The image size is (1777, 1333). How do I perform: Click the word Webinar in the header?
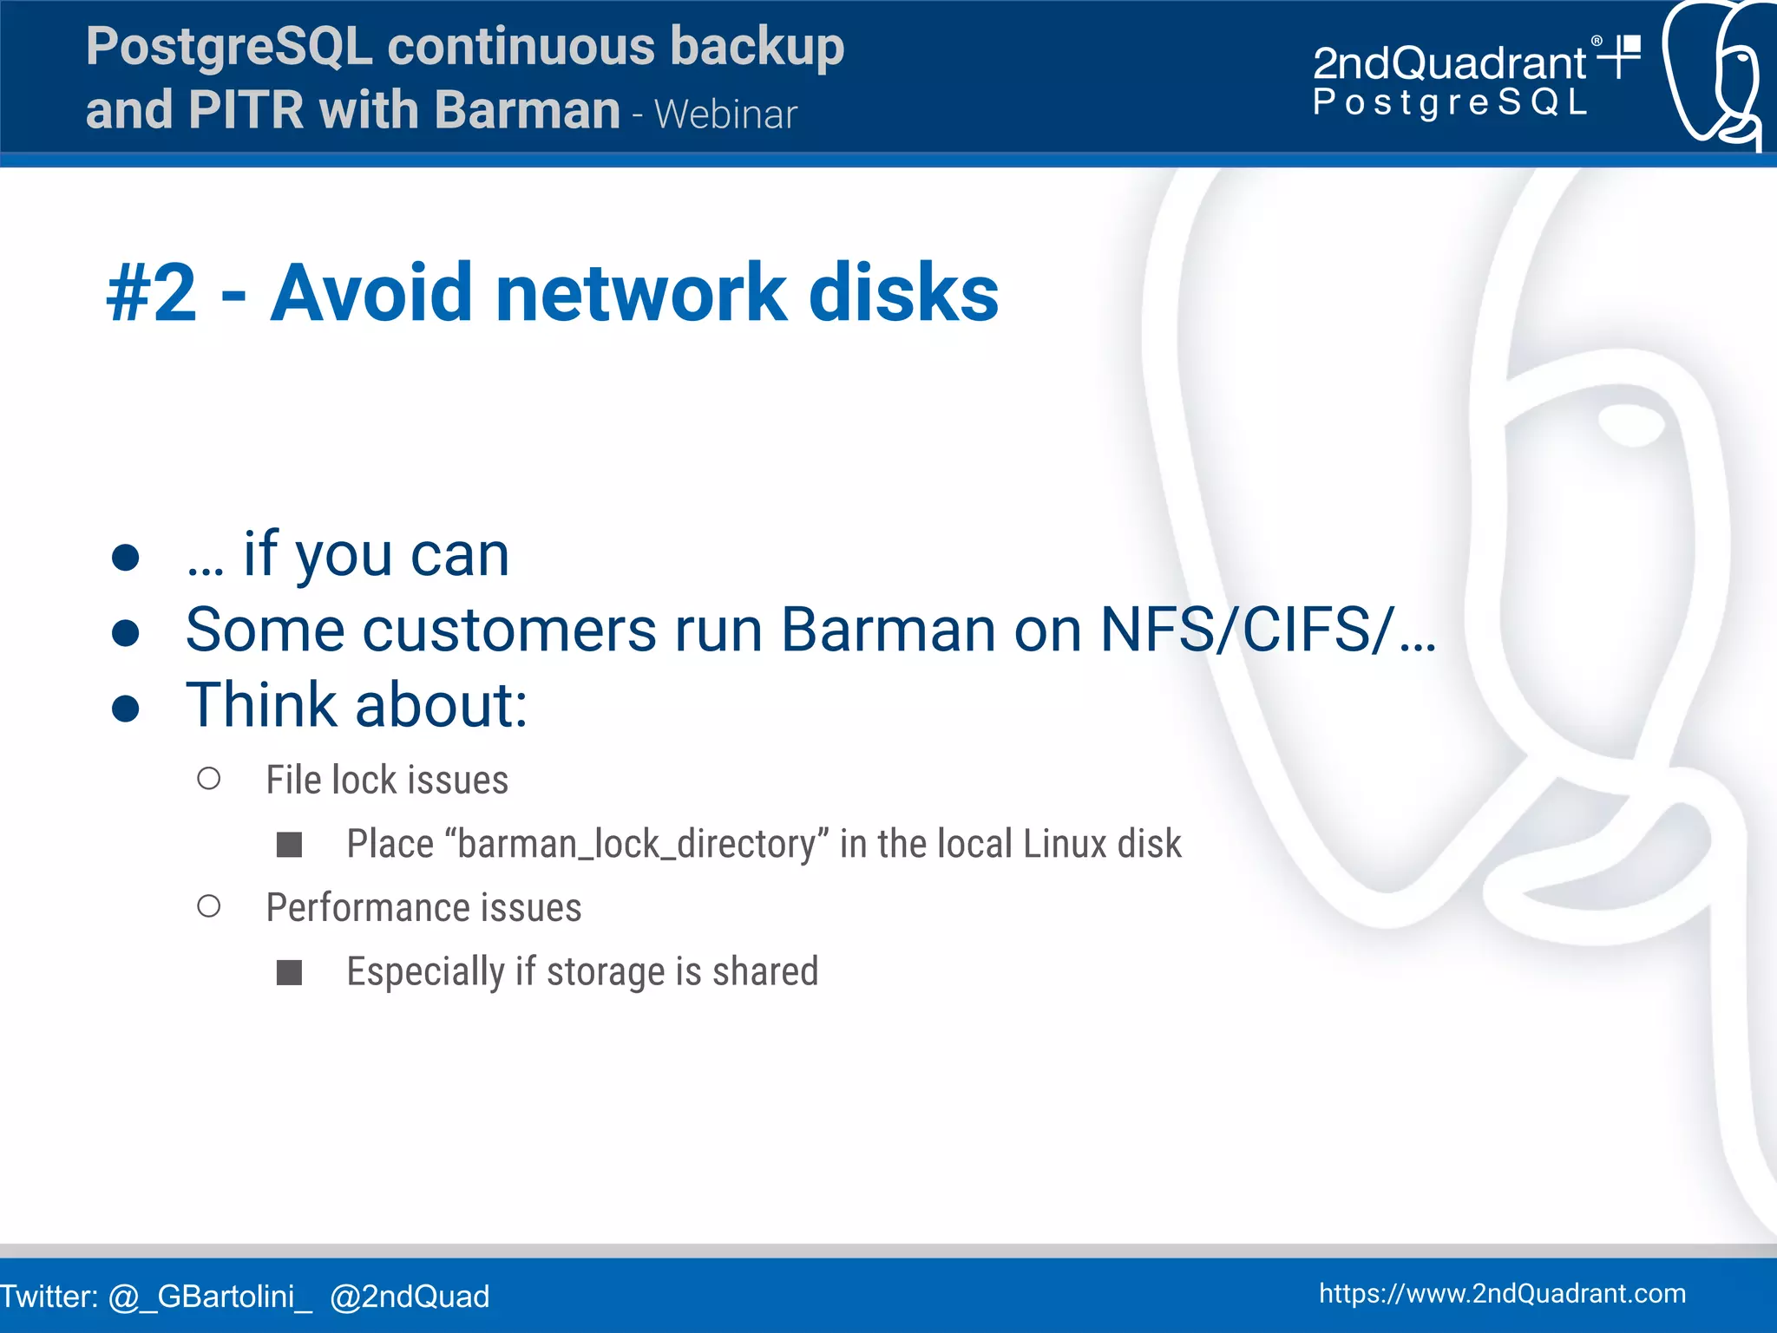pos(725,114)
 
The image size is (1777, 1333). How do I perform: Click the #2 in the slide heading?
pos(152,293)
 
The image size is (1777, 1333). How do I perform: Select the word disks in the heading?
pos(903,293)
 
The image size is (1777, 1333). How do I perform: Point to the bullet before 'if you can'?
pos(126,558)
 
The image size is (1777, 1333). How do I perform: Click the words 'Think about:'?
pos(357,705)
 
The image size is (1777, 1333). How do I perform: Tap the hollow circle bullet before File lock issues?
pos(209,779)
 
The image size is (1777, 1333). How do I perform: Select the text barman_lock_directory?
pos(637,844)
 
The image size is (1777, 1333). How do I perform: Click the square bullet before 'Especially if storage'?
pos(289,972)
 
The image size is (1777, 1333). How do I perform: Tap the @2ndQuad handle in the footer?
pos(410,1297)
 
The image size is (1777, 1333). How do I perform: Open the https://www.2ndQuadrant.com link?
pos(1502,1293)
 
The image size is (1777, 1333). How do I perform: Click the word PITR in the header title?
pos(246,111)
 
